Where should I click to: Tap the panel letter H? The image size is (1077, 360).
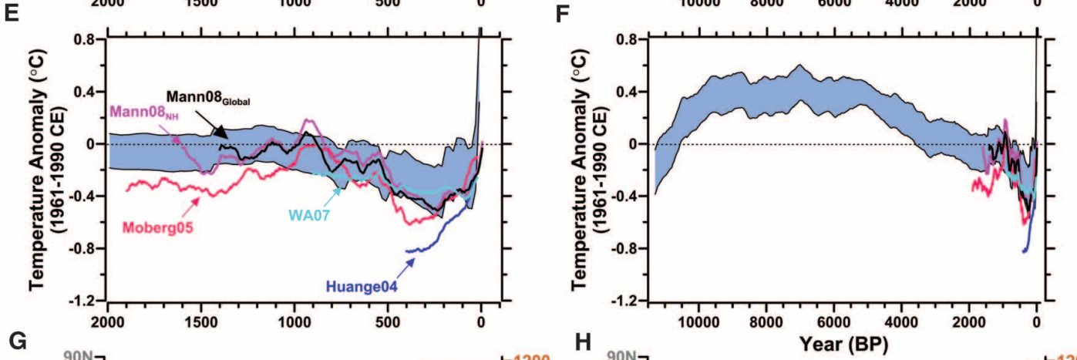(x=561, y=340)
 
